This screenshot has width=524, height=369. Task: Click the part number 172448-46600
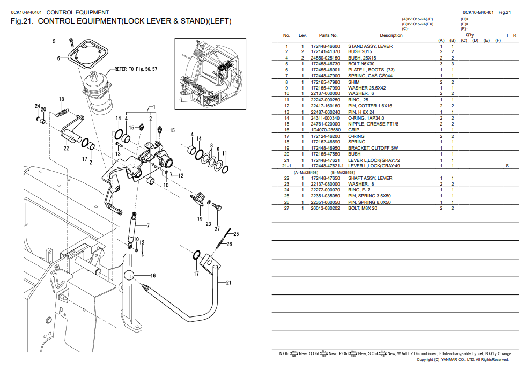pyautogui.click(x=326, y=46)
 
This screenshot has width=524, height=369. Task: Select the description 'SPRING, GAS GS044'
pyautogui.click(x=370, y=76)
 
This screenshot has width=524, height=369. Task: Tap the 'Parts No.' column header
pyautogui.click(x=328, y=36)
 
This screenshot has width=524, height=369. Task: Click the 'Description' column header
pyautogui.click(x=391, y=36)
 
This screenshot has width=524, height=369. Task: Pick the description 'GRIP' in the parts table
pyautogui.click(x=354, y=130)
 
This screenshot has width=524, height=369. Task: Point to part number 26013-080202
pyautogui.click(x=326, y=208)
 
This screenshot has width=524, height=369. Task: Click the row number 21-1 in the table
pyautogui.click(x=287, y=166)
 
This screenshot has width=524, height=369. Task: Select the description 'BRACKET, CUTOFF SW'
pyautogui.click(x=373, y=148)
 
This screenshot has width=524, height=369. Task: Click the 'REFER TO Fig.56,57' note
pyautogui.click(x=136, y=69)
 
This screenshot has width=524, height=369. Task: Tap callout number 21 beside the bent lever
pyautogui.click(x=228, y=283)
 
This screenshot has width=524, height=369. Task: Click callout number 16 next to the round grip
pyautogui.click(x=153, y=276)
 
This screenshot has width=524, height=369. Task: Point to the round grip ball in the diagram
pyautogui.click(x=129, y=275)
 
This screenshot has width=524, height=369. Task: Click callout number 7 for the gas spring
pyautogui.click(x=148, y=225)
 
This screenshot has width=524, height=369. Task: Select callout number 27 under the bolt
pyautogui.click(x=217, y=229)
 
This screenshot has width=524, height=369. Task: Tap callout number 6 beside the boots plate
pyautogui.click(x=59, y=58)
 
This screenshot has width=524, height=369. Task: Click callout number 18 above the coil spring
pyautogui.click(x=62, y=99)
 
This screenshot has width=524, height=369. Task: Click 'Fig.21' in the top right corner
pyautogui.click(x=504, y=12)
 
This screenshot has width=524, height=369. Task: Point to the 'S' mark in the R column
pyautogui.click(x=507, y=166)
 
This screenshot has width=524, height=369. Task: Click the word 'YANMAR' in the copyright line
pyautogui.click(x=450, y=360)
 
